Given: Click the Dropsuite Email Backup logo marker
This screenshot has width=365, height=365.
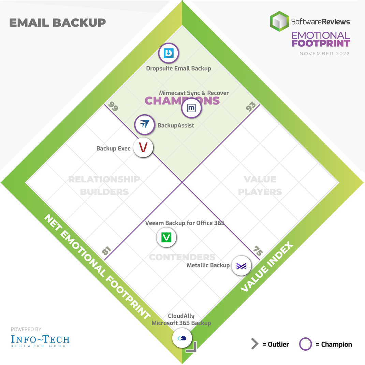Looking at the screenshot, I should (169, 53).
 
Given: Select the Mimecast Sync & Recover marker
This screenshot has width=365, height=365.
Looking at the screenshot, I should (192, 108).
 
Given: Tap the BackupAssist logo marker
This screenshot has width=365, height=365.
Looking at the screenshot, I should (145, 125).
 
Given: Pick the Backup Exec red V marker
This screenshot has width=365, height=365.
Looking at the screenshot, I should (143, 147).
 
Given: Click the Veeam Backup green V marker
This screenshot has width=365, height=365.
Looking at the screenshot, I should (166, 237).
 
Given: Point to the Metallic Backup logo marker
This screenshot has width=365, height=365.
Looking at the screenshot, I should (242, 266).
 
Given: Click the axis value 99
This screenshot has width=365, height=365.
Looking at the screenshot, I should (113, 107).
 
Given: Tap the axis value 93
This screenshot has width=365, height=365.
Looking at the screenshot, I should (251, 107).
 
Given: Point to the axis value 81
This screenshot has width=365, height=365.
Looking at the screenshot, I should (107, 251).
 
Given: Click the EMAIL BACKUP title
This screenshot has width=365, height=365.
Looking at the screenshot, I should (57, 23).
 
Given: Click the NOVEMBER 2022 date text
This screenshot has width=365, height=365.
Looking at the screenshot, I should (324, 54).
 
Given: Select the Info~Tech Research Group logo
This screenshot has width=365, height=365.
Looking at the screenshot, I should (40, 340).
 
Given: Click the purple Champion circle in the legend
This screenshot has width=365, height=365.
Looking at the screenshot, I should (305, 344).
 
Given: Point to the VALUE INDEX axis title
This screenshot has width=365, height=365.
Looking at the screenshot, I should (267, 267).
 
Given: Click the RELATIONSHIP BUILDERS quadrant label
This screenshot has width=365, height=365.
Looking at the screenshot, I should (104, 185).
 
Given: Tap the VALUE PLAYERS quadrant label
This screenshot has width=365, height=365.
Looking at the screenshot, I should (260, 185).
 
